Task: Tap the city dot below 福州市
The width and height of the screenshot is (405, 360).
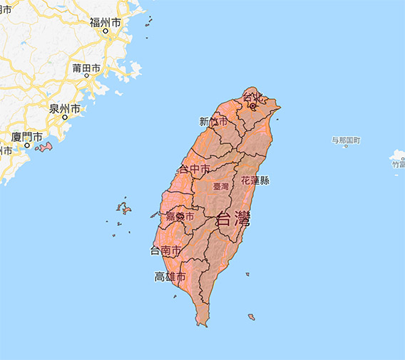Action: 106,31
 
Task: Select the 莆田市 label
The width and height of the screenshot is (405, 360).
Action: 86,68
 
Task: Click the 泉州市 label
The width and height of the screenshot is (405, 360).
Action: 64,108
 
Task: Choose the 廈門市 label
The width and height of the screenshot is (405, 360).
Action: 26,136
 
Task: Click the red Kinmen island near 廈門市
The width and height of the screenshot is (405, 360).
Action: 45,148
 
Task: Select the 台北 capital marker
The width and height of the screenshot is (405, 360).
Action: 252,106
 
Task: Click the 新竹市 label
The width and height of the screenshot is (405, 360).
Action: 214,121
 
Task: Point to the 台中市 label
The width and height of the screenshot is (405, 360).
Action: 193,170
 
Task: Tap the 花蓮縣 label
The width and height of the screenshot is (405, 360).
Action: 255,180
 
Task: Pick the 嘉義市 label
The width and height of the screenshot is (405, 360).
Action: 179,215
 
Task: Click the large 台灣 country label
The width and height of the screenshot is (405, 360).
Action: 233,218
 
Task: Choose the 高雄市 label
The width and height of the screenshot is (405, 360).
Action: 170,277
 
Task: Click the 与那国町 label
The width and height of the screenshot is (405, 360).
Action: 346,140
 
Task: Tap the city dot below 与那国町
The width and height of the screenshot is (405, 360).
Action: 346,146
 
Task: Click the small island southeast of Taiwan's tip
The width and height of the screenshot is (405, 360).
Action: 252,317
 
